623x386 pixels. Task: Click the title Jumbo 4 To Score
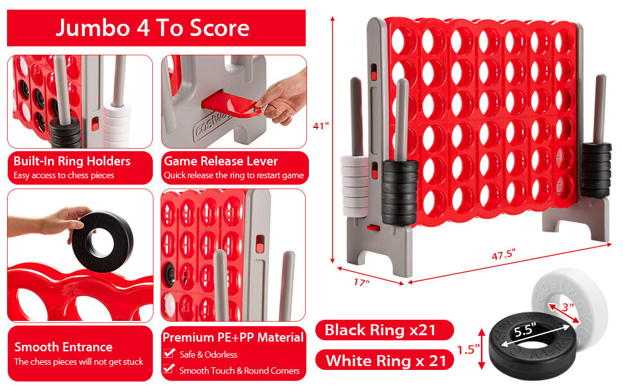coord(153,28)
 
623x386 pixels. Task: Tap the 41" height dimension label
coord(320,126)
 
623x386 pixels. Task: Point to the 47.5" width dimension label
coord(504,255)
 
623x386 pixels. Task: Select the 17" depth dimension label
coord(362,282)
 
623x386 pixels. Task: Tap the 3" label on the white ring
coord(567,308)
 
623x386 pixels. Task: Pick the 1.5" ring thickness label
coord(468,350)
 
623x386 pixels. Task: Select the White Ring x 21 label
coord(386,360)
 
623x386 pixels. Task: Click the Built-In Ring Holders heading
coord(72,161)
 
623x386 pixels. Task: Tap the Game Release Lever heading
coord(221,161)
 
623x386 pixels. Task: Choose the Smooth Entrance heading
coord(64,347)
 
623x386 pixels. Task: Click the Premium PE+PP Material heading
coord(233,338)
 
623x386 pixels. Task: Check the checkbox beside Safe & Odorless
coord(170,353)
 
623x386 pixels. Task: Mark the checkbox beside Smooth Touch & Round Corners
coord(170,369)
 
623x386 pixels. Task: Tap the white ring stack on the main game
coord(355,186)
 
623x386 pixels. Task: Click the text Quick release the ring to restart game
coord(234,176)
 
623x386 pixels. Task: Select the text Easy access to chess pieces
coord(64,176)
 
